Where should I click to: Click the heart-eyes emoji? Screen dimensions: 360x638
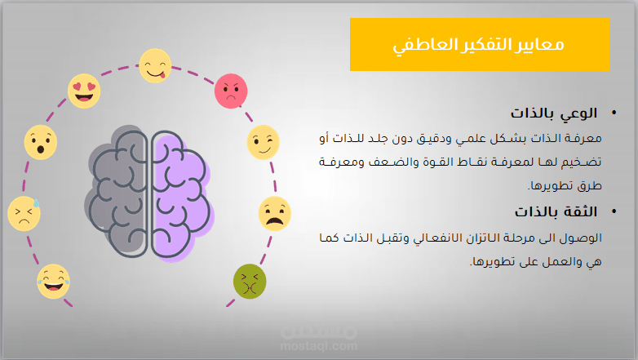click(x=84, y=91)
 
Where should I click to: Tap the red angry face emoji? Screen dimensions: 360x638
click(x=230, y=91)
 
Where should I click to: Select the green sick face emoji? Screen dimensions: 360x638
click(x=250, y=281)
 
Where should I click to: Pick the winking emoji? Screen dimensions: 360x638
click(x=263, y=141)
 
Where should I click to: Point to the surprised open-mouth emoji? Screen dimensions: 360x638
click(x=41, y=142)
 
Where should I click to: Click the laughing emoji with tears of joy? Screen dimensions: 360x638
click(x=54, y=281)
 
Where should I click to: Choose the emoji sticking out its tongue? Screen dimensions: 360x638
click(x=155, y=65)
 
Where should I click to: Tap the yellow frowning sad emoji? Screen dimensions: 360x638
click(x=274, y=212)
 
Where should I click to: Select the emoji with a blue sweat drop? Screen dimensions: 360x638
click(x=24, y=212)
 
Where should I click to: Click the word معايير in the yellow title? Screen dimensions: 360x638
click(x=542, y=44)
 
